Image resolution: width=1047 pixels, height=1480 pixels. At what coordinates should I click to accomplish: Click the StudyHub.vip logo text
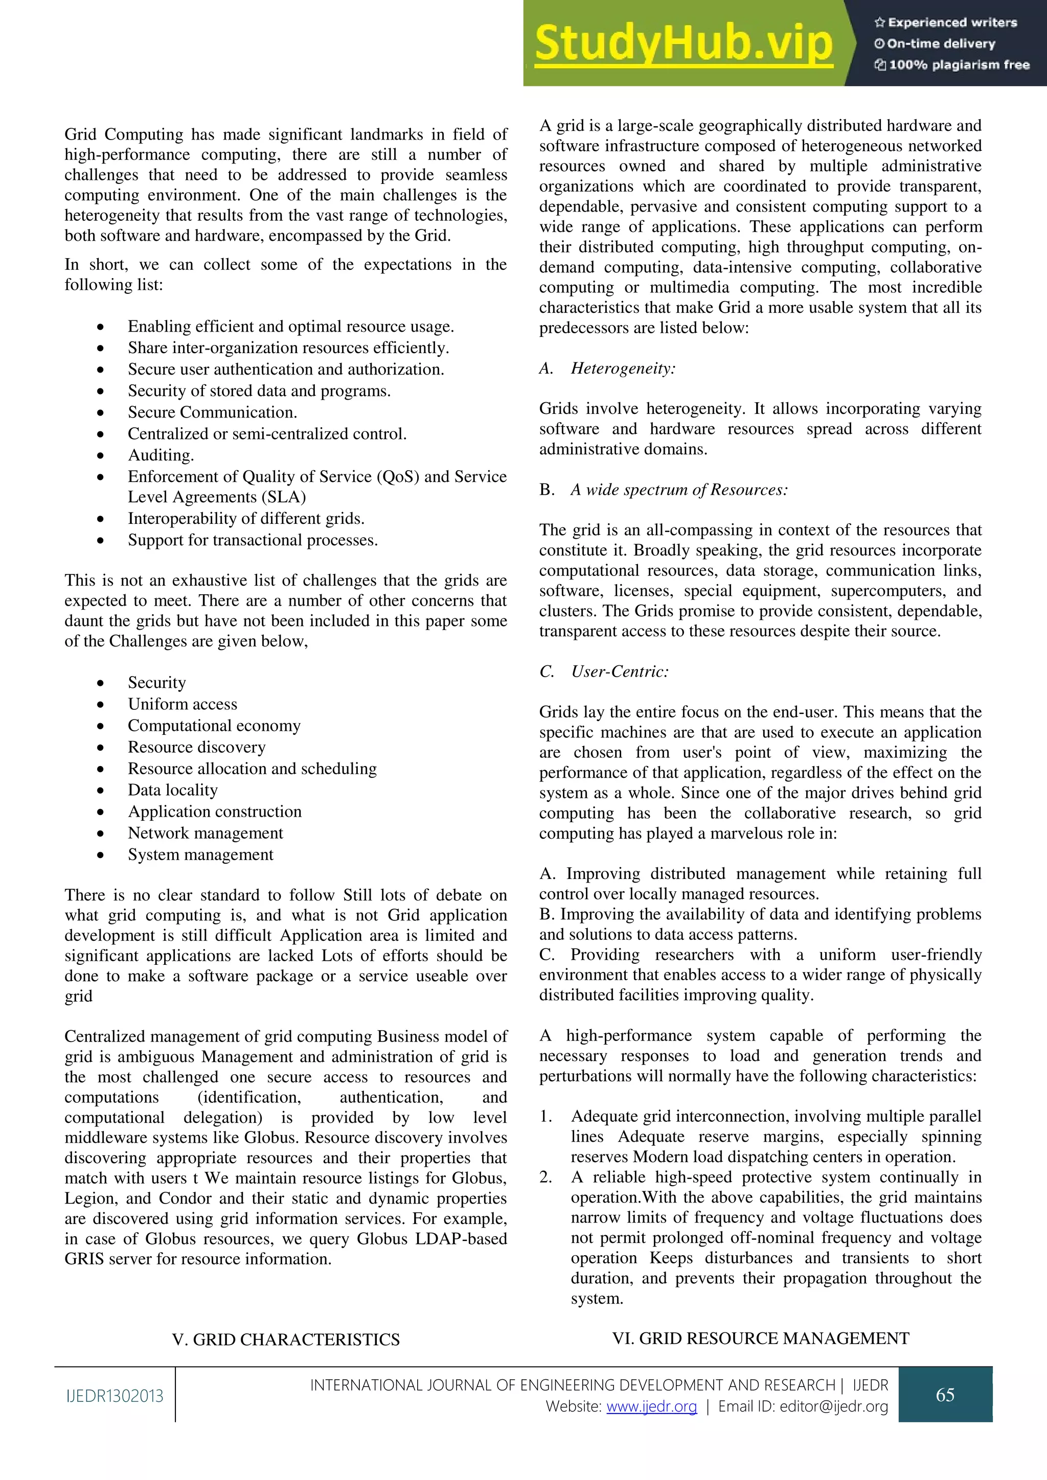[684, 43]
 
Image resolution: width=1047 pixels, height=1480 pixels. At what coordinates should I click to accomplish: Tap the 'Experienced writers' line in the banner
[946, 22]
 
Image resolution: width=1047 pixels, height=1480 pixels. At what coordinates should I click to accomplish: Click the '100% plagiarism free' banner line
[952, 64]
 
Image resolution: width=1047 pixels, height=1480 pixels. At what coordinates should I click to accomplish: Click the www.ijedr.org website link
[652, 1406]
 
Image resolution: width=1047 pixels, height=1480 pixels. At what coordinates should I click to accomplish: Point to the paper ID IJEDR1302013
[115, 1396]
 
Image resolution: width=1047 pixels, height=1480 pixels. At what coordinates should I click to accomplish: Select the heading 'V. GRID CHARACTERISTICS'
[286, 1339]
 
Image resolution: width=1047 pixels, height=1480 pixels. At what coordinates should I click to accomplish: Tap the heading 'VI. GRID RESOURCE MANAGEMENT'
[761, 1338]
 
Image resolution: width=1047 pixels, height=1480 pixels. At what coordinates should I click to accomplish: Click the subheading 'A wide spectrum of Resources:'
[678, 490]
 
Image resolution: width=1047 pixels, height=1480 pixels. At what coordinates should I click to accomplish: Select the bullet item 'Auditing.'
[161, 455]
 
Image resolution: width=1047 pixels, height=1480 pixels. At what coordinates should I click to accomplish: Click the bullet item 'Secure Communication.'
[212, 412]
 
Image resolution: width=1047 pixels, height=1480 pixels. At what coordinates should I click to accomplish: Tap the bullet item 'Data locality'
[173, 790]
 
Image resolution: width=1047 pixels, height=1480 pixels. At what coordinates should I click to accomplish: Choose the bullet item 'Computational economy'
[214, 725]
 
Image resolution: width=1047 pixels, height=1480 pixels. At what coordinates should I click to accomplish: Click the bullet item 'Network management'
[205, 833]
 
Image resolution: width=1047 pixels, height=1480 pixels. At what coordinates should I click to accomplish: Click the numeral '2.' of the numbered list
[545, 1177]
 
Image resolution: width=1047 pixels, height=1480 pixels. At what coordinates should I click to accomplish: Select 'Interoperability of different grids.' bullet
[245, 518]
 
